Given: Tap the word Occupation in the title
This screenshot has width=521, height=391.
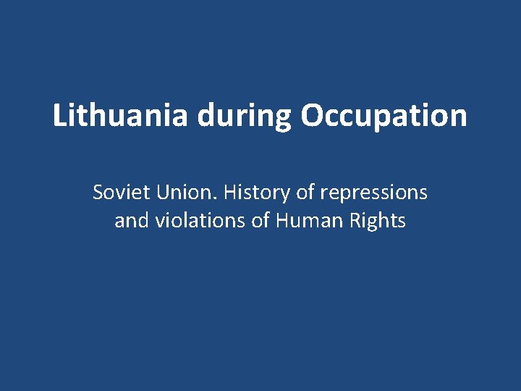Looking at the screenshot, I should point(384,116).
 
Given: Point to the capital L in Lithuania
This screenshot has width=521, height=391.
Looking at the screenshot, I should point(59,116).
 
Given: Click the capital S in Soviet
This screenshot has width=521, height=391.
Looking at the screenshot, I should point(98,193).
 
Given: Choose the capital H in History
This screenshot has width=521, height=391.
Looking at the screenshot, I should point(231,193).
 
